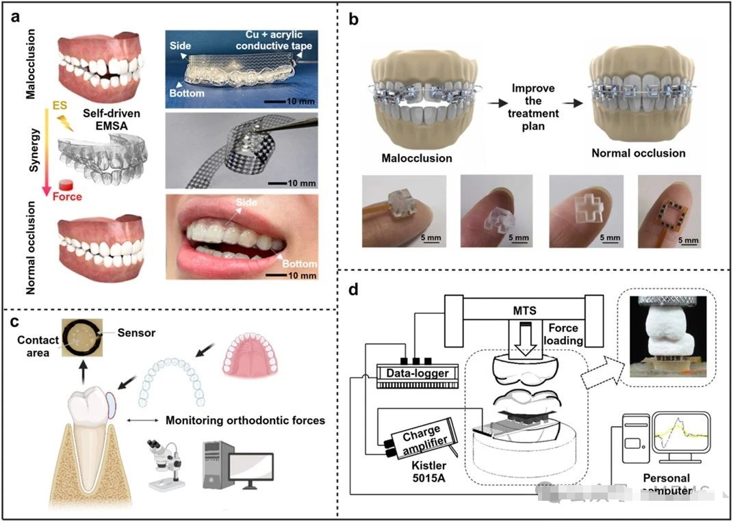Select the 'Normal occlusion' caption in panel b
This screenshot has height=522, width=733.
pos(638,153)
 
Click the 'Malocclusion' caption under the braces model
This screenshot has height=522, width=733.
pos(417,158)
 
